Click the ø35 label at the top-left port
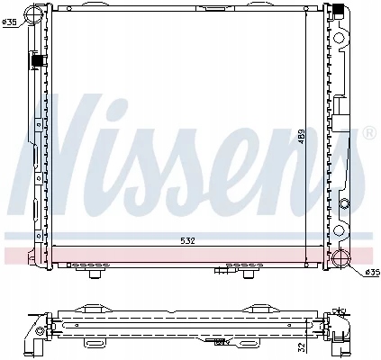[9, 22]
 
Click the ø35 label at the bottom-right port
[372, 272]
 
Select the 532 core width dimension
[187, 241]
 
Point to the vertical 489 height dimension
[302, 137]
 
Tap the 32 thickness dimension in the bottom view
[303, 347]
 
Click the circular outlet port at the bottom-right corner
[341, 257]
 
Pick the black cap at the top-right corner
[339, 10]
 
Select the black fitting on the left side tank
[37, 61]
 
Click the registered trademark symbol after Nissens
[369, 133]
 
